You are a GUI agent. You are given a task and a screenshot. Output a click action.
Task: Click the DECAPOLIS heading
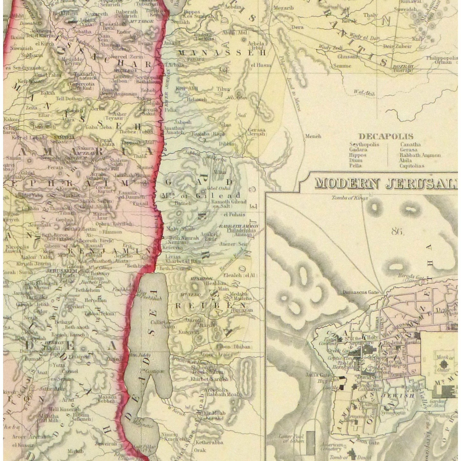[x=386, y=136]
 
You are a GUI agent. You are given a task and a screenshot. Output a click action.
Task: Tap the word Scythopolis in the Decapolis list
[x=364, y=144]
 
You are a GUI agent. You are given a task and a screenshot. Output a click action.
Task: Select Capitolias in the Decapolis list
[x=412, y=166]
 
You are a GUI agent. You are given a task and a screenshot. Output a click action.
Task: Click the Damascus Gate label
[x=361, y=292]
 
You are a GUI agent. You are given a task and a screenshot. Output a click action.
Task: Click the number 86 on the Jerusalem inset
[x=397, y=231]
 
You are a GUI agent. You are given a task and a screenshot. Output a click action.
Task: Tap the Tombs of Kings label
[x=349, y=198]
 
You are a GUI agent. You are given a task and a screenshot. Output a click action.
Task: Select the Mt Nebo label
[x=190, y=295]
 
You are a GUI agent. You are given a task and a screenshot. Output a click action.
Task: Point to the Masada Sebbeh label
[x=107, y=399]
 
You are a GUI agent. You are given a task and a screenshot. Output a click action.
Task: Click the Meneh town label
[x=313, y=136]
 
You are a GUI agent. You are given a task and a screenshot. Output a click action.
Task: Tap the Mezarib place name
[x=283, y=8]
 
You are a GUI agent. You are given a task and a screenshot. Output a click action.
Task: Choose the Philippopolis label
[x=442, y=58]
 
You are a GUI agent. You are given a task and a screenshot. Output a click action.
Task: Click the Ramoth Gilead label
[x=229, y=202]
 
